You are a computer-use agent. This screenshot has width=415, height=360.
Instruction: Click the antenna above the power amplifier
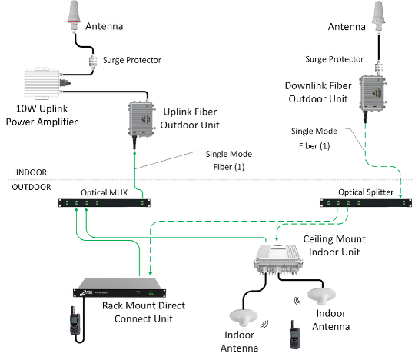point(74,16)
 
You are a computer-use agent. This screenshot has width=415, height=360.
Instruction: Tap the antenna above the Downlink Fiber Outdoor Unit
point(378,16)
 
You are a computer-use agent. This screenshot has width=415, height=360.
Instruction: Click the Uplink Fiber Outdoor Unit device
point(141,119)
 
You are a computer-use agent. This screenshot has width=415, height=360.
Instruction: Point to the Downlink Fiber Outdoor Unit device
point(373,93)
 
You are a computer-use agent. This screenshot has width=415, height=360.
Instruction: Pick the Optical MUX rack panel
point(105,203)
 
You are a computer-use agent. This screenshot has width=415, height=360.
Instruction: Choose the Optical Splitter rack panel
point(366,202)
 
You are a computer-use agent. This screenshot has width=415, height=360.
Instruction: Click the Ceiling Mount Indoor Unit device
point(278,259)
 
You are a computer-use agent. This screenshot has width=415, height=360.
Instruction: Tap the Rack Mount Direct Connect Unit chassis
point(120,288)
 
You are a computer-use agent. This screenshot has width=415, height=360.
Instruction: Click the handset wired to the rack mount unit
point(75,321)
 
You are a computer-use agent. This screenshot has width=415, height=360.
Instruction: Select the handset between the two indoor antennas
point(294,335)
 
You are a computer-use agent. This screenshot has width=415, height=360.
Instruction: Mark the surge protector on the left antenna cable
point(92,62)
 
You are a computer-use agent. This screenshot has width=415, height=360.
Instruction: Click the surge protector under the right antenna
point(379,68)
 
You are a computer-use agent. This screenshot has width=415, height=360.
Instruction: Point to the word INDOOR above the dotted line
point(32,172)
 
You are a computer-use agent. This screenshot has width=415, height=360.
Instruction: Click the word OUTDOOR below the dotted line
point(32,187)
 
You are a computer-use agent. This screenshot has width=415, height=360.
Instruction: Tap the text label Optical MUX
point(104,192)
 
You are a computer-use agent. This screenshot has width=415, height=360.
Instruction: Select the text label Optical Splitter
point(366,192)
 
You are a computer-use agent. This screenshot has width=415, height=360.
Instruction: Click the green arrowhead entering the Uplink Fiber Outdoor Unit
point(134,153)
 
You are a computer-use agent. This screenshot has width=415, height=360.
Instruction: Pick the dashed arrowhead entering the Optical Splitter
point(400,196)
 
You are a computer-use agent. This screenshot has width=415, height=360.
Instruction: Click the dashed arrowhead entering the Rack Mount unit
point(150,273)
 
